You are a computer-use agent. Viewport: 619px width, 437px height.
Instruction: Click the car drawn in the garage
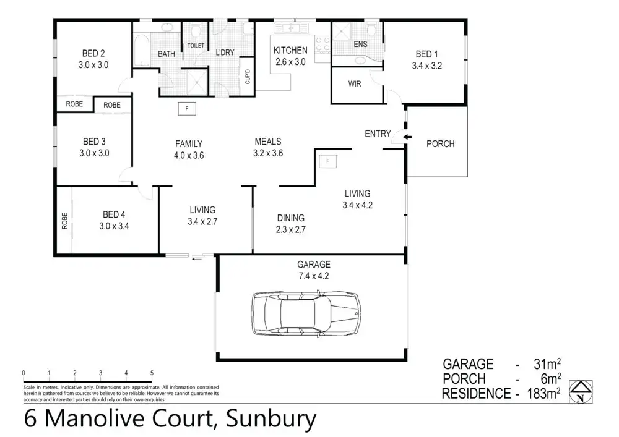(306, 314)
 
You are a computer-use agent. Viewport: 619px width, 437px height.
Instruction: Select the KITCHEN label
(290, 50)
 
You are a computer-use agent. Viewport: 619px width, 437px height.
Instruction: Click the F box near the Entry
(328, 162)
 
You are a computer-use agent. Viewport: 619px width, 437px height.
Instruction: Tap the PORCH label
(441, 144)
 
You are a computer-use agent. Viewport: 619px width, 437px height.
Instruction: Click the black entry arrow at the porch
(406, 137)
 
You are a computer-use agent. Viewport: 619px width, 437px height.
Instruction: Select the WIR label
(355, 83)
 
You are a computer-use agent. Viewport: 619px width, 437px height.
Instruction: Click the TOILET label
(196, 46)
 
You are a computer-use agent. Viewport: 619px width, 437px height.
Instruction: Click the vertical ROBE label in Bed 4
(64, 221)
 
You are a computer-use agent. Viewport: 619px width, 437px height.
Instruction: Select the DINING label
(290, 218)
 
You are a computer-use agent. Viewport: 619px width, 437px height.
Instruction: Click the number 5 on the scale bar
(152, 373)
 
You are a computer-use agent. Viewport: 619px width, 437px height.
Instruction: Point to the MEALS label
(268, 143)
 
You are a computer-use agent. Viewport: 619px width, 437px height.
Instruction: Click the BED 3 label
(95, 142)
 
